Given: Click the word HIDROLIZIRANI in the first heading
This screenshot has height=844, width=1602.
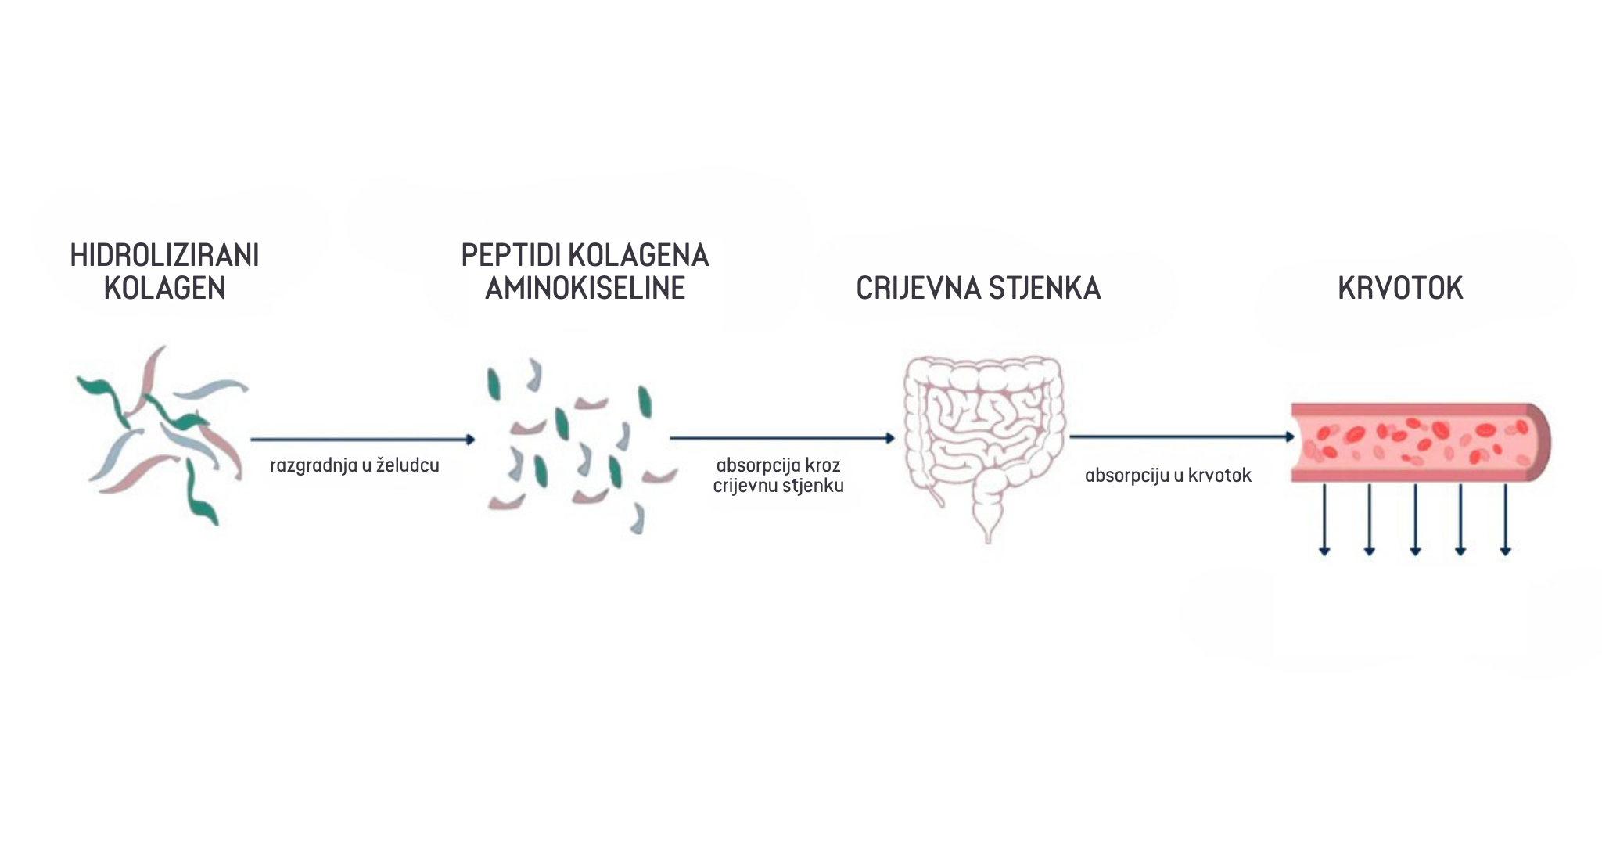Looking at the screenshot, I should tap(164, 256).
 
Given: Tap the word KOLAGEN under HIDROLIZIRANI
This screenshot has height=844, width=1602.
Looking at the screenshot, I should tap(164, 289).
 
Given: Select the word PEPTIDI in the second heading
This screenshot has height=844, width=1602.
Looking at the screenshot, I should tap(509, 256).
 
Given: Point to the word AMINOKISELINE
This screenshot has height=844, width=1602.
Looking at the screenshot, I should tap(585, 289).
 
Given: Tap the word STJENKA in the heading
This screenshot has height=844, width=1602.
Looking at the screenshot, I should tap(1045, 289).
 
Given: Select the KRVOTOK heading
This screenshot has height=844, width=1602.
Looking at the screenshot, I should tap(1400, 289).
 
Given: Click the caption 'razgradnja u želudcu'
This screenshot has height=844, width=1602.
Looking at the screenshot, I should tap(354, 465).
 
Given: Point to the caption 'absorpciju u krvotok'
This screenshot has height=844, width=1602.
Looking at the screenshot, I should tap(1168, 476).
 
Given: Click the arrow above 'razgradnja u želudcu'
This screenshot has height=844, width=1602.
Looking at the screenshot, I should tap(363, 440).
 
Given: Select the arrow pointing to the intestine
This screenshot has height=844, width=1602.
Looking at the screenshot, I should tap(782, 439).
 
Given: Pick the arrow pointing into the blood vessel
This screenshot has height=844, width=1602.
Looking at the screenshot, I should tap(1182, 436).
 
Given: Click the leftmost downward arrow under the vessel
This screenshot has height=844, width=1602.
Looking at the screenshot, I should tap(1324, 519).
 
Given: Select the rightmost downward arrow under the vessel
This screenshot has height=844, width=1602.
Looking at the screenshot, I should tap(1506, 519).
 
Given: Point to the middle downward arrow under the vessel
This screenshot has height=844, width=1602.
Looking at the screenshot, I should tap(1415, 519).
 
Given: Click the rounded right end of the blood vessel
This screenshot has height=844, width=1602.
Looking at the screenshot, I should tap(1539, 442).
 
